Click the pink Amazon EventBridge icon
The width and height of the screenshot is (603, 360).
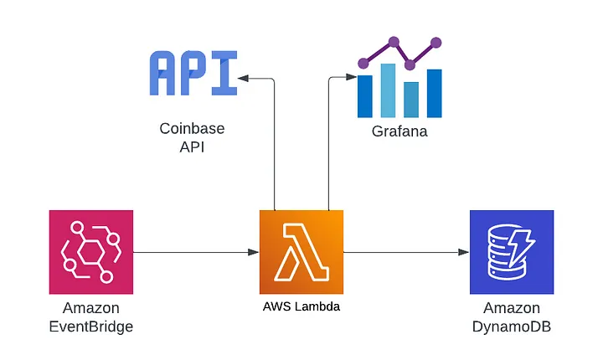[x=90, y=251]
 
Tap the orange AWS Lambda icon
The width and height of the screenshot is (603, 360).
[x=301, y=251]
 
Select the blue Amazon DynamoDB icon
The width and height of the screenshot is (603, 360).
[x=512, y=251]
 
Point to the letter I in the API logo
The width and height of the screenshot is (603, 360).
[x=224, y=74]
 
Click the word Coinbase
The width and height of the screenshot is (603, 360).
[x=193, y=130]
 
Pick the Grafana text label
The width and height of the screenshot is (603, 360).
[x=399, y=131]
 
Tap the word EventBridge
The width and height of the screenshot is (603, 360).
[x=90, y=327]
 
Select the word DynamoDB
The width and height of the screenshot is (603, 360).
[x=512, y=327]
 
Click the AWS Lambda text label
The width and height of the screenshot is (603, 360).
[x=301, y=307]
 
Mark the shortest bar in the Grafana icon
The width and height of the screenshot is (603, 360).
[x=410, y=99]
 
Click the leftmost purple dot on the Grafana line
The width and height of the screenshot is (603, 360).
[x=363, y=62]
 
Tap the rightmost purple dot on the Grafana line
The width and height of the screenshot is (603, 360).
[x=435, y=42]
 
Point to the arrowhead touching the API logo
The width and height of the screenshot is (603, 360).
[x=243, y=78]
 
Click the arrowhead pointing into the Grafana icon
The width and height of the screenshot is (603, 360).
[x=352, y=78]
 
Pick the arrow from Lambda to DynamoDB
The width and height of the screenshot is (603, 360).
[x=405, y=251]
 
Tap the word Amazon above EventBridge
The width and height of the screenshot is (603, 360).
[x=90, y=308]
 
